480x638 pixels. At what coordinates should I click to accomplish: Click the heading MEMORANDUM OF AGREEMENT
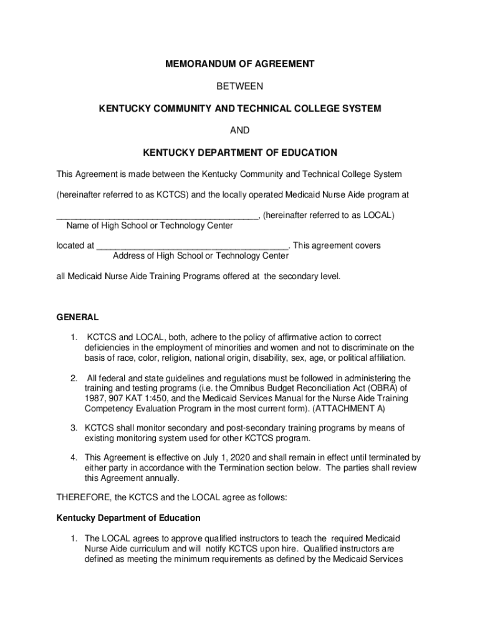click(240, 64)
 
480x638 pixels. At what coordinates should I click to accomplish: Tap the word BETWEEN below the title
click(240, 86)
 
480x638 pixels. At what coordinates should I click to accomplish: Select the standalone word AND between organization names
click(240, 130)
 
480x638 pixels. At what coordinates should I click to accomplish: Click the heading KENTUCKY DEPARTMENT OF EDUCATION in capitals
click(240, 153)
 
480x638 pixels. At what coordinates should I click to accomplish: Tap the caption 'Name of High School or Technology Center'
click(150, 226)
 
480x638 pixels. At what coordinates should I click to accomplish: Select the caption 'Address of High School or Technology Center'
click(201, 255)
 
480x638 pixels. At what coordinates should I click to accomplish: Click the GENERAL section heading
click(77, 317)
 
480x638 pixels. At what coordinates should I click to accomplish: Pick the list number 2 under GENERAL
click(73, 378)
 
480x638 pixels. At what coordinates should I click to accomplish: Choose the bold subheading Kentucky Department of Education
click(128, 518)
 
